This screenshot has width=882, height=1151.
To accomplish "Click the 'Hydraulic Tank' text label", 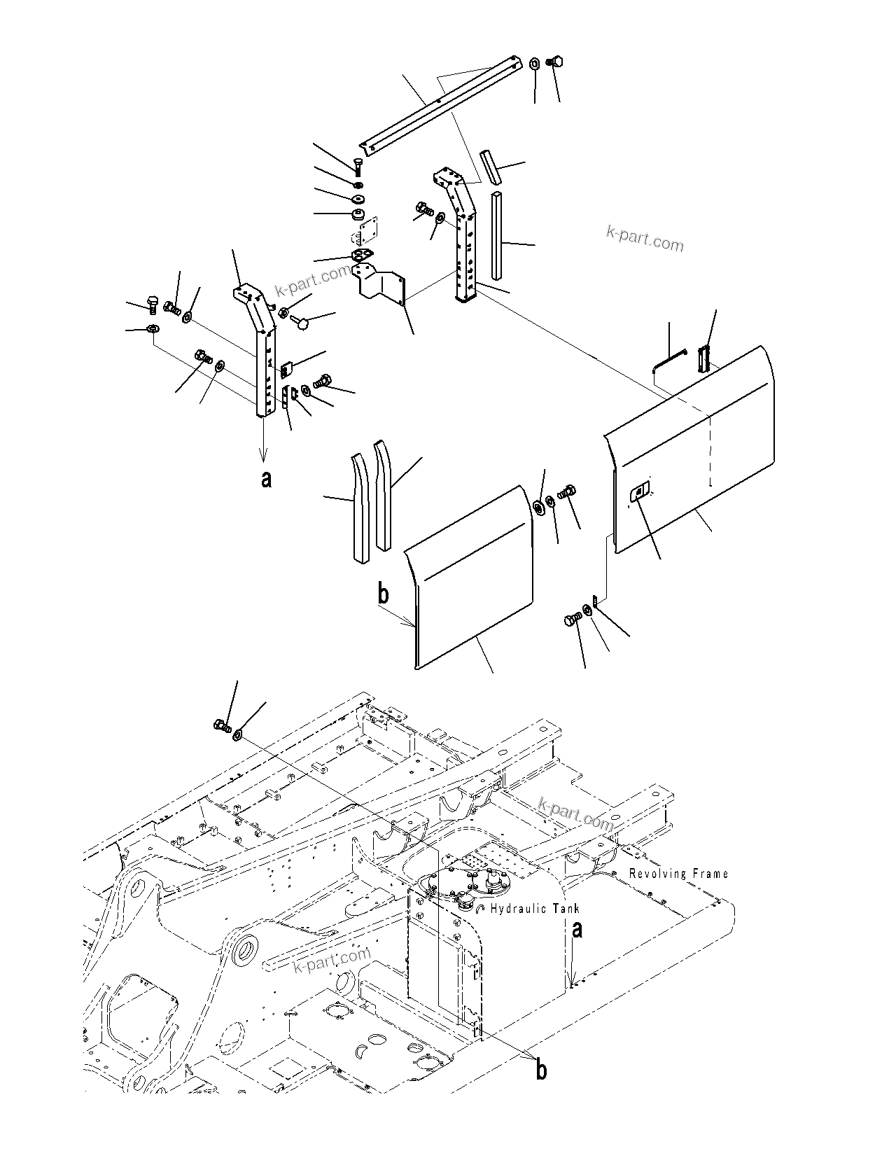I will pos(535,909).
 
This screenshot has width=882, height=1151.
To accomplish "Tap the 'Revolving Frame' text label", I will pos(678,873).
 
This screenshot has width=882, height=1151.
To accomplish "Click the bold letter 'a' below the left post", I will pos(265,480).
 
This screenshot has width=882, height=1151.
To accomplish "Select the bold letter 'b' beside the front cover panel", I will pos(383,594).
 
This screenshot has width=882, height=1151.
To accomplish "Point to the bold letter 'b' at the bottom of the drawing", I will pos(541,1090).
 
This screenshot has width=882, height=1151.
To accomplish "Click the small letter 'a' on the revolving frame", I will pos(577,930).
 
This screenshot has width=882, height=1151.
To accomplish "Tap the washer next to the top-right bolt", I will pos(534,63).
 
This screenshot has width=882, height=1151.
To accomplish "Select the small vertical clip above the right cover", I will pos(705,358).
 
